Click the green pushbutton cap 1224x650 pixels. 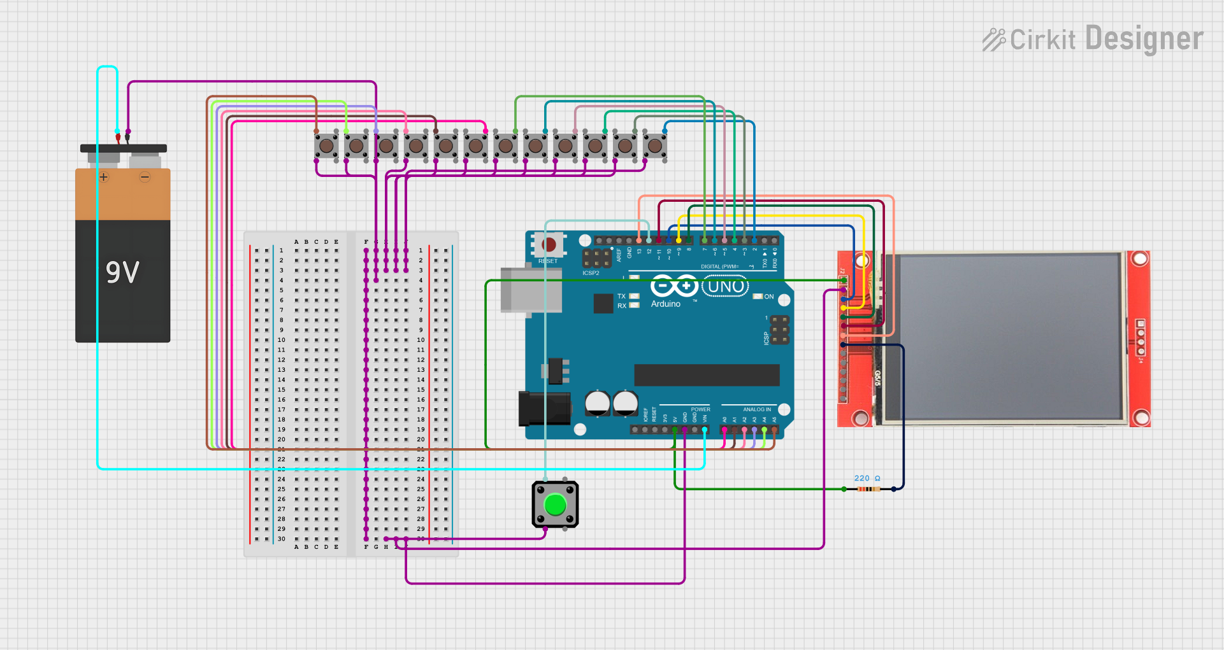coord(555,505)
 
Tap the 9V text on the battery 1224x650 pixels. coord(122,272)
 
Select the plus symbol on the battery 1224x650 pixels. coord(104,177)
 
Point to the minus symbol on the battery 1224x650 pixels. coord(145,177)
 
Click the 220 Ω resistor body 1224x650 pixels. coord(868,489)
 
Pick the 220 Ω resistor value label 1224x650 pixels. coord(867,478)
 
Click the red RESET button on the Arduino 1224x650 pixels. coord(548,244)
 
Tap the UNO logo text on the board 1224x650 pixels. coord(726,286)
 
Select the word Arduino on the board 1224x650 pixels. coord(666,304)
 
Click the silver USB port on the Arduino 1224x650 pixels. coord(530,290)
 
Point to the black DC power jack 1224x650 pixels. coord(543,409)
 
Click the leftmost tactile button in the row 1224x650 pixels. coord(326,146)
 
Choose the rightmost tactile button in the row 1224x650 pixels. coord(655,146)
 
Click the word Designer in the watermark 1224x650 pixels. coord(1144,39)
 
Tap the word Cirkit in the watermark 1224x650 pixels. coord(1042,40)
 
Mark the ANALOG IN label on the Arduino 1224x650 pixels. coord(756,409)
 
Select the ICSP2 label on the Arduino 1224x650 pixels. coord(591,273)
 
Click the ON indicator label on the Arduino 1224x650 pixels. coord(769,297)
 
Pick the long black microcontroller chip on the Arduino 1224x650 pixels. coord(707,375)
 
